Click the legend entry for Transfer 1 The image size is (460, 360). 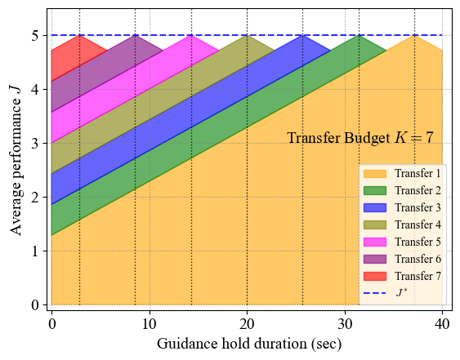tap(403, 173)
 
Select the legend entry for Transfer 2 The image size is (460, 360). tap(403, 190)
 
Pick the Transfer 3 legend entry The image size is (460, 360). tap(403, 207)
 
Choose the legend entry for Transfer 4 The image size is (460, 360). tap(403, 224)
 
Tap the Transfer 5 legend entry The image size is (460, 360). tap(403, 242)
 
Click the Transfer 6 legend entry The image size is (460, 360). tap(403, 259)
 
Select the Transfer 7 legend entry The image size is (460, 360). tap(403, 276)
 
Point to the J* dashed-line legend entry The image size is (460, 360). tap(403, 292)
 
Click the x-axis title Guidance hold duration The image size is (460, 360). tap(249, 344)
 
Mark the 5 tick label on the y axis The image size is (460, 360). tap(35, 36)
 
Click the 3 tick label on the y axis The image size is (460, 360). tap(35, 144)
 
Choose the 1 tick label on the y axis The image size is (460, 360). tap(35, 251)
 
